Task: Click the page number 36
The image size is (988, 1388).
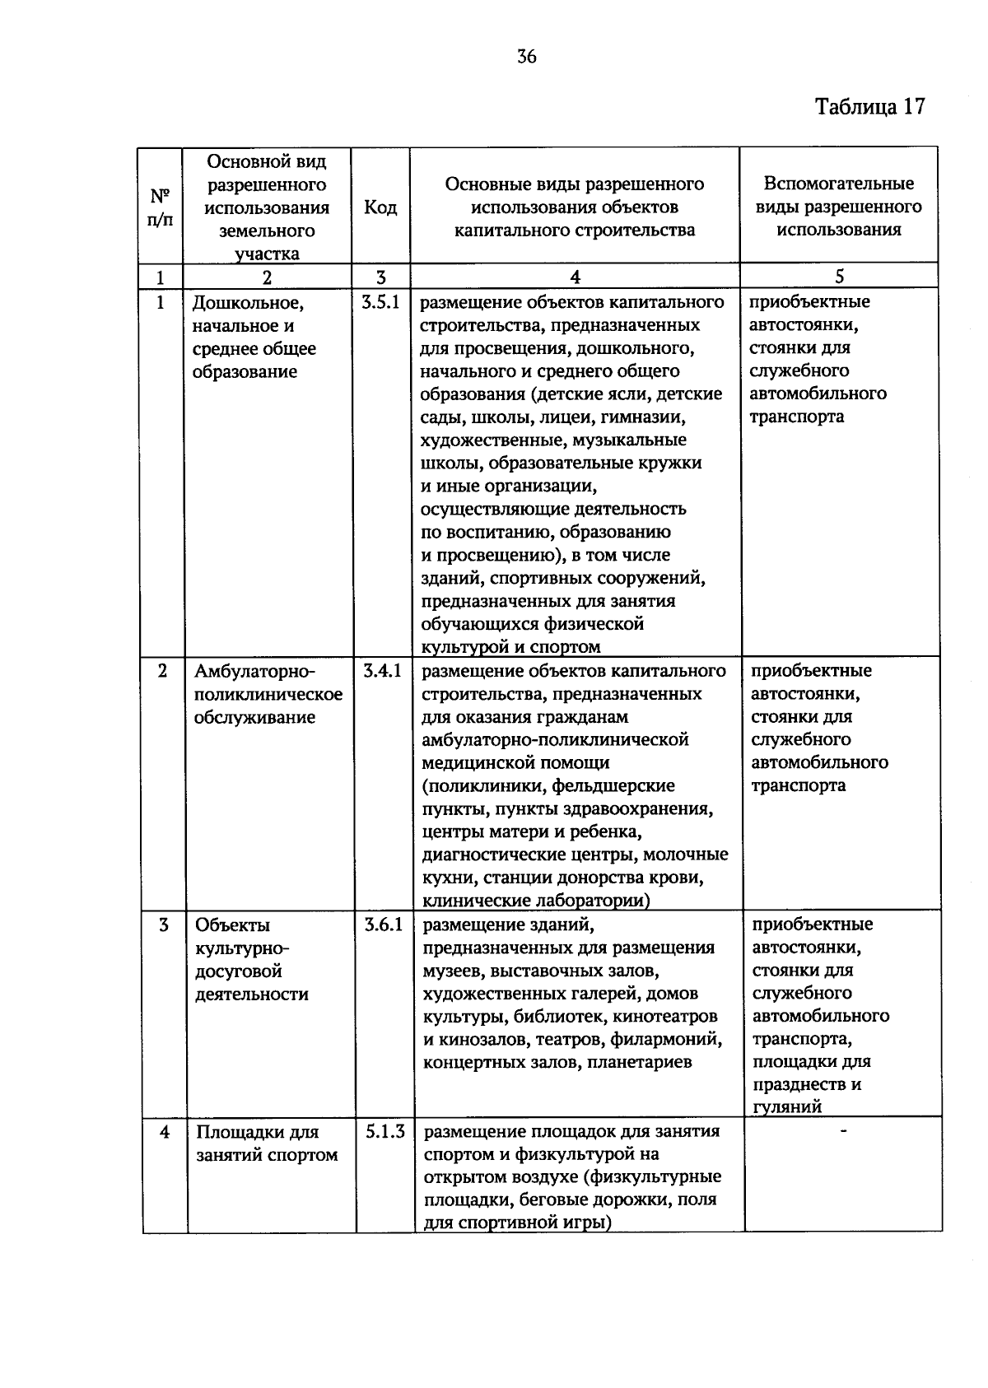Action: tap(527, 57)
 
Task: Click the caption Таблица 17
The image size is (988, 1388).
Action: tap(870, 108)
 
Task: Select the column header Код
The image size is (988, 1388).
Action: tap(380, 207)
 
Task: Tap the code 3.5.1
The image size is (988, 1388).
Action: tap(380, 302)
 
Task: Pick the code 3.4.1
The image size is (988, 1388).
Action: tap(382, 671)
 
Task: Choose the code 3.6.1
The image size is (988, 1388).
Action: tap(384, 925)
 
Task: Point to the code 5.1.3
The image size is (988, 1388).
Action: tap(385, 1132)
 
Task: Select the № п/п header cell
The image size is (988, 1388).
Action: tap(161, 207)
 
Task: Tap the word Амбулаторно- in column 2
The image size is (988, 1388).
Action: tap(254, 671)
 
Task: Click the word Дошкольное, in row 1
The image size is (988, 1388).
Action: tap(248, 303)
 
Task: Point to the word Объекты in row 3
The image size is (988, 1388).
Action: tap(232, 925)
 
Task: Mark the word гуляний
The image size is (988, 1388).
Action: tap(787, 1107)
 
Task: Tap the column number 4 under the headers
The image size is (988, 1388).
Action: tap(575, 277)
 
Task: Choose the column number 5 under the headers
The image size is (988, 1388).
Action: tap(839, 277)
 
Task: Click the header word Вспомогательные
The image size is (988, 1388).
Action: tap(839, 184)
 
